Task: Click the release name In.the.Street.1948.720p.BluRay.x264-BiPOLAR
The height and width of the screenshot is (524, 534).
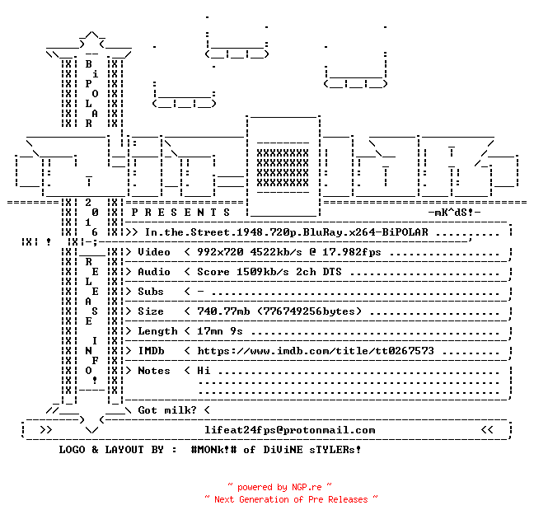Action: click(287, 232)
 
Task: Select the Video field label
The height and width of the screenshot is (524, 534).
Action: click(154, 252)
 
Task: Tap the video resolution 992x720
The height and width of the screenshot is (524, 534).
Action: click(220, 252)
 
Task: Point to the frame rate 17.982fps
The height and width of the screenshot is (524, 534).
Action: click(351, 252)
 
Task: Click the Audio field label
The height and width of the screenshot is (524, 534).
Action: click(154, 272)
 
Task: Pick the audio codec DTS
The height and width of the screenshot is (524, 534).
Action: click(332, 272)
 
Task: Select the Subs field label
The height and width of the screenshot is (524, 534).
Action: click(151, 292)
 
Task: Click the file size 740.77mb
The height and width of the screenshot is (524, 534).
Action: click(223, 311)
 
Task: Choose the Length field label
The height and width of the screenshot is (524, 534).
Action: click(157, 331)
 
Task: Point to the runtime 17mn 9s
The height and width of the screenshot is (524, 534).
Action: click(220, 331)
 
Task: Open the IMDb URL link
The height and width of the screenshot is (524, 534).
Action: click(316, 351)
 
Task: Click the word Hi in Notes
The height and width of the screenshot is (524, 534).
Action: click(204, 371)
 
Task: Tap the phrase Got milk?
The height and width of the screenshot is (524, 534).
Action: click(167, 410)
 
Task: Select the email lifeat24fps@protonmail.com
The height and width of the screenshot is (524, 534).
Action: click(290, 430)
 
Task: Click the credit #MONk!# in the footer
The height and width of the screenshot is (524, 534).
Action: click(213, 449)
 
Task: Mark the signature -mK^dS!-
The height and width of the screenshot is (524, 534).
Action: click(454, 213)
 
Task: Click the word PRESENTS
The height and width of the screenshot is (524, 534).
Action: click(180, 213)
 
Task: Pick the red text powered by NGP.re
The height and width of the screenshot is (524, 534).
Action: click(279, 487)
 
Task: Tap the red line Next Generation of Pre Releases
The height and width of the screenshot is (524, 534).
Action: click(291, 499)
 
